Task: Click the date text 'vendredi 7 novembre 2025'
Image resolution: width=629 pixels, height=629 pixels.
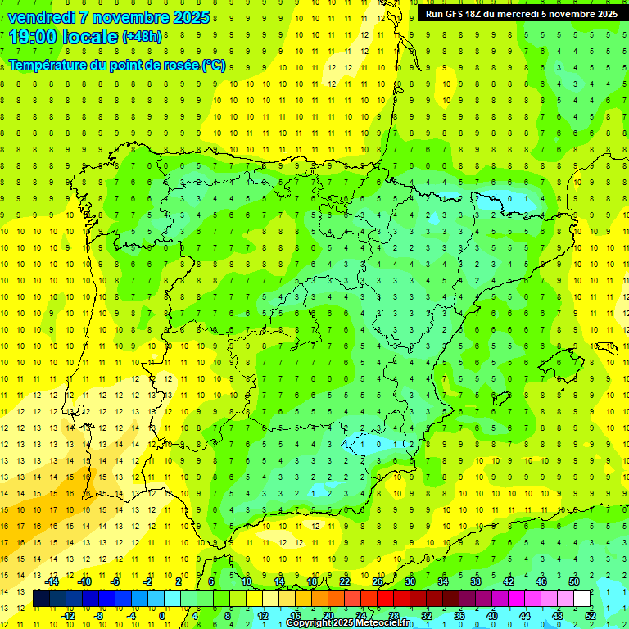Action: pos(108,17)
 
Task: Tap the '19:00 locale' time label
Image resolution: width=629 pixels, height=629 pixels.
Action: pos(63,37)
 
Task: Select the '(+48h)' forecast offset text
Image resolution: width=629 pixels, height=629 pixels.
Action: pos(142,38)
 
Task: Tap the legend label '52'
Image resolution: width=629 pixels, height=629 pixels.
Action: pos(590,616)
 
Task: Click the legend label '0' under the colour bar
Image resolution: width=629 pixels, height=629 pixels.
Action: pos(163,616)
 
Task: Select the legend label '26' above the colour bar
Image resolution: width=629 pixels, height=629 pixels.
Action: pos(378,581)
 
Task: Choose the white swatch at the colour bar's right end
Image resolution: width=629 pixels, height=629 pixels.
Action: pos(582,598)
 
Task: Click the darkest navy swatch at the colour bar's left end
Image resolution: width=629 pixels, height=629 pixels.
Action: pos(41,598)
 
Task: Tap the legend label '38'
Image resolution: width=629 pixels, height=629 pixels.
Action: pos(476,581)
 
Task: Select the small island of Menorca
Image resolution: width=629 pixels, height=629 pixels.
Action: pos(609,332)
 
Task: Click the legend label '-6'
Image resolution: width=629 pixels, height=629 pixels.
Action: pos(115,581)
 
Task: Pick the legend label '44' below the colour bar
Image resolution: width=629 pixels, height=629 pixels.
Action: pos(524,616)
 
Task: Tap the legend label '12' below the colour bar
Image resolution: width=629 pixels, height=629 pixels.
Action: pos(262,616)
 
